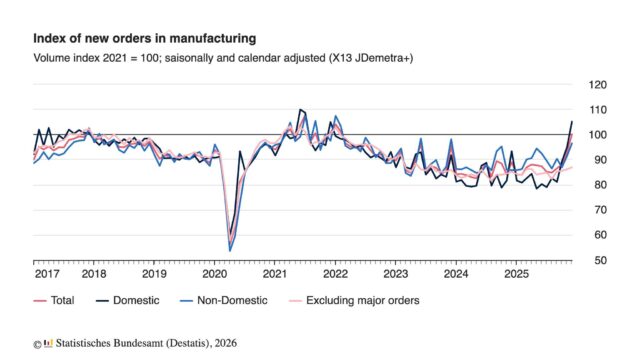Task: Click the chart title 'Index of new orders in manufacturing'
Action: pyautogui.click(x=144, y=38)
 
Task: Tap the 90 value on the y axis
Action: pyautogui.click(x=598, y=160)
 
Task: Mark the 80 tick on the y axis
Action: pyautogui.click(x=598, y=185)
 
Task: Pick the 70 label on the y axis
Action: pyautogui.click(x=598, y=210)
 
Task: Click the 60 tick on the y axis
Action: pyautogui.click(x=598, y=235)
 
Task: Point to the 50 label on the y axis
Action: pyautogui.click(x=598, y=260)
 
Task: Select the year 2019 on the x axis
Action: pyautogui.click(x=154, y=273)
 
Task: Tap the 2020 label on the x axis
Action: pyautogui.click(x=215, y=273)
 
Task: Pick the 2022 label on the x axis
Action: pyautogui.click(x=335, y=273)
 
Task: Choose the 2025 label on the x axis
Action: pyautogui.click(x=516, y=273)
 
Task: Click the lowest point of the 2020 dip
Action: pyautogui.click(x=230, y=250)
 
